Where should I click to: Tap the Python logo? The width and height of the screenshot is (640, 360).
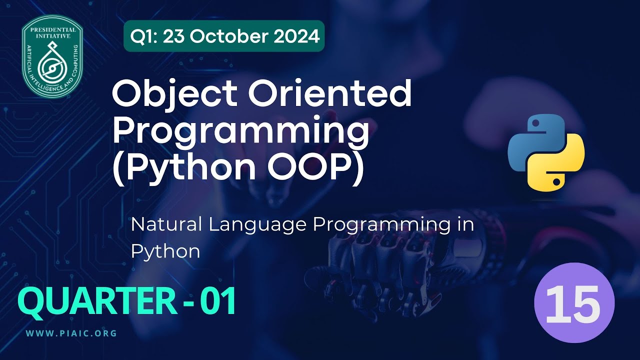[x=546, y=151]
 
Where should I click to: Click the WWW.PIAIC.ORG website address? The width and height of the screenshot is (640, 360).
[x=71, y=333]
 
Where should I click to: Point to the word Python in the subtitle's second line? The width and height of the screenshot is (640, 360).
[x=165, y=251]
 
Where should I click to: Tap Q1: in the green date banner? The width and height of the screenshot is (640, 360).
[x=143, y=36]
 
